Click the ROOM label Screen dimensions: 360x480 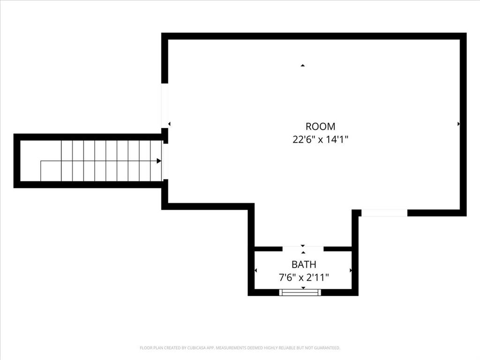pyautogui.click(x=320, y=126)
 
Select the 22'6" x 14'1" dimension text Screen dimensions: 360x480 pyautogui.click(x=320, y=139)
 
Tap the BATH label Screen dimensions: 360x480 pyautogui.click(x=303, y=264)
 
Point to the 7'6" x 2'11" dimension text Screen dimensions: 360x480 pyautogui.click(x=303, y=277)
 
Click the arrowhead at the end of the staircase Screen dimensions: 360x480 pyautogui.click(x=159, y=161)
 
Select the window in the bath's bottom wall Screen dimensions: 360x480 pyautogui.click(x=300, y=292)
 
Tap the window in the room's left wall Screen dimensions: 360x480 pyautogui.click(x=165, y=105)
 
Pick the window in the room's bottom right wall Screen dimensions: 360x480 pyautogui.click(x=384, y=213)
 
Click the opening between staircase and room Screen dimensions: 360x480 pyautogui.click(x=165, y=161)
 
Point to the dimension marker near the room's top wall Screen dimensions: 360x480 pyautogui.click(x=303, y=65)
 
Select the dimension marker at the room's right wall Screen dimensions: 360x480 pyautogui.click(x=458, y=124)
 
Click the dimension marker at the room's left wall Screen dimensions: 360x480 pyautogui.click(x=169, y=124)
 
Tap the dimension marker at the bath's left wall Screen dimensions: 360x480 pyautogui.click(x=255, y=270)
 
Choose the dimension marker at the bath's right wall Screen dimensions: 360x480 pyautogui.click(x=351, y=270)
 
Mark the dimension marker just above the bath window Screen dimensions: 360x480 pyautogui.click(x=303, y=287)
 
